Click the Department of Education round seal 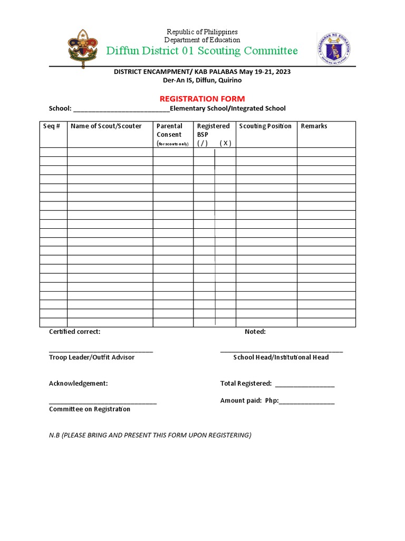coord(334,49)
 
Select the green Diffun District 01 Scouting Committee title coord(202,51)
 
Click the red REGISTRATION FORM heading coord(202,99)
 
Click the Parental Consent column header coord(170,130)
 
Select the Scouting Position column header coord(265,126)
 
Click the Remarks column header coord(314,126)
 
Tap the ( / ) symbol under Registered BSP coord(203,143)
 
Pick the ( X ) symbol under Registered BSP coord(225,143)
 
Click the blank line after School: coord(121,109)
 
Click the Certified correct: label coord(74,332)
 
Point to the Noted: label coord(255,332)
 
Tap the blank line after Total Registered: coord(305,385)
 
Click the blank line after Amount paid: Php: coord(306,402)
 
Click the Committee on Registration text coord(90,409)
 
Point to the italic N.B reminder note coord(150,435)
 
